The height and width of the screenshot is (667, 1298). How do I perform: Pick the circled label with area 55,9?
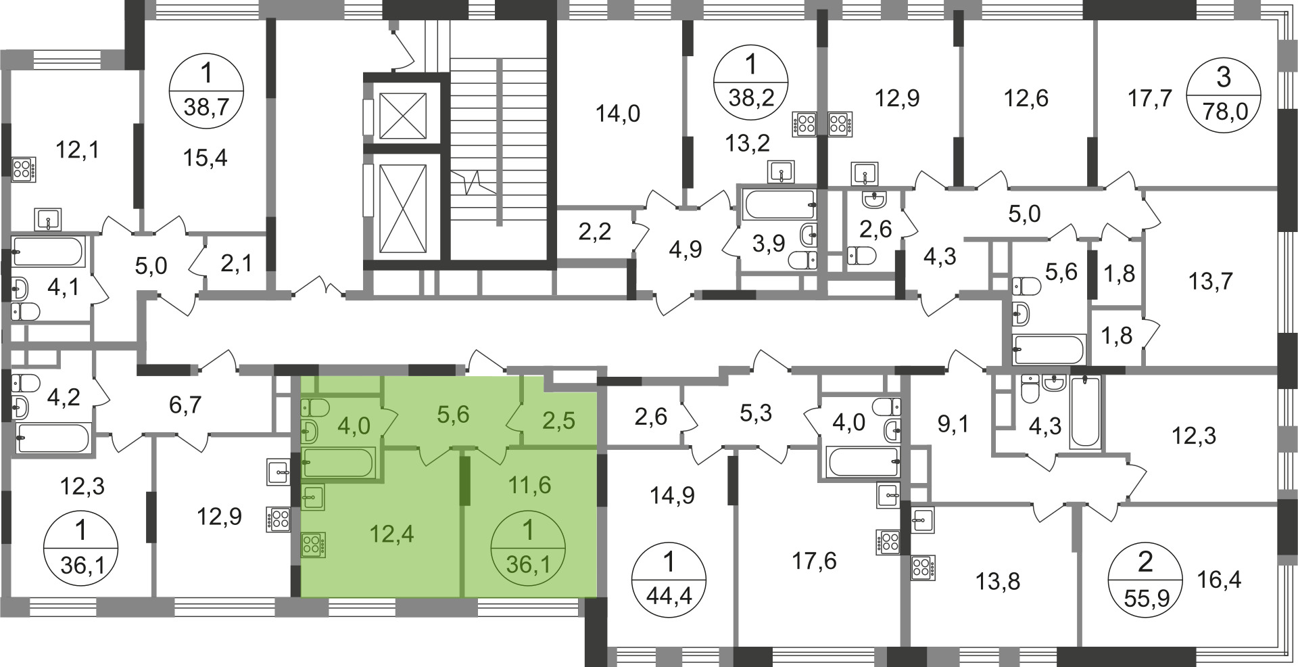[1146, 580]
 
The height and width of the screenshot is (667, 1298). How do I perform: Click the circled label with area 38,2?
[752, 85]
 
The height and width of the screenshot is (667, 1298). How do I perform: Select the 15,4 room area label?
[206, 158]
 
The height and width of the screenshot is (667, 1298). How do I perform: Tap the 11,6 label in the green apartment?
[529, 484]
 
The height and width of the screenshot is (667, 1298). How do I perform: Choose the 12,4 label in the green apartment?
[392, 534]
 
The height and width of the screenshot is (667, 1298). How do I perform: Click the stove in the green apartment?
[313, 545]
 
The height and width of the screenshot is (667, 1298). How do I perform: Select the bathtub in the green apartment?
[339, 464]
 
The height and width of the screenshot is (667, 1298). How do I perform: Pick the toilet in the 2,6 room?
[862, 256]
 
